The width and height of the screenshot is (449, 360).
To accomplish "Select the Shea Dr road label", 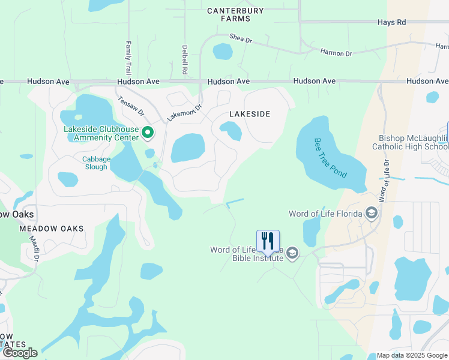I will point(242,38).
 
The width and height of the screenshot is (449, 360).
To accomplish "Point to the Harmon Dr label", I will point(336,53).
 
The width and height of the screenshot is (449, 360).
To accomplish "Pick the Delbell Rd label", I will point(185,59).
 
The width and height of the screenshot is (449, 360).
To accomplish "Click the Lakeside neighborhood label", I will point(250,114).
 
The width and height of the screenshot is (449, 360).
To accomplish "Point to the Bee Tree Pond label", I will point(330,157).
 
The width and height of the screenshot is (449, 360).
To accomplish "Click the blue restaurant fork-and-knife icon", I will point(268,241).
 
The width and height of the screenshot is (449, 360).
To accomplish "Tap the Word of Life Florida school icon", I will point(372,214).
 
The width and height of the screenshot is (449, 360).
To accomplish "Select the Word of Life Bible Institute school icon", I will point(292,253).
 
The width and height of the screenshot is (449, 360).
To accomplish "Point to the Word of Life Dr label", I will point(383,181).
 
